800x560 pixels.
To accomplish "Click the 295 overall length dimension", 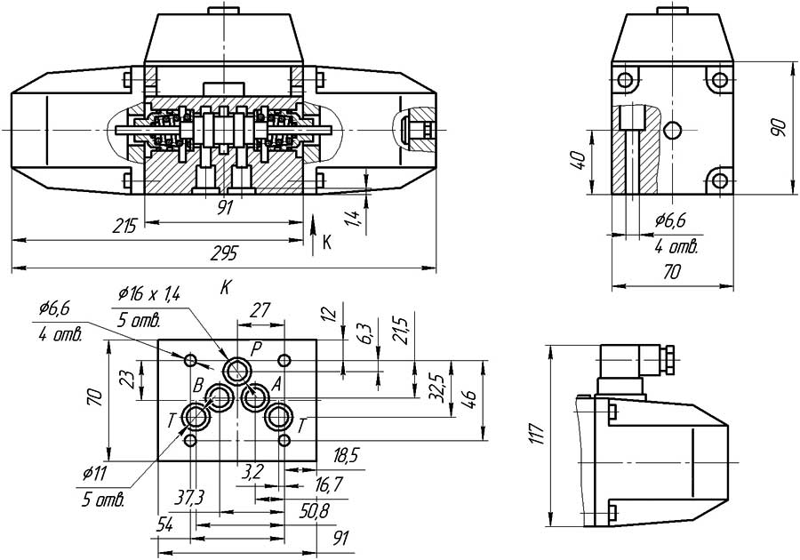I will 225,254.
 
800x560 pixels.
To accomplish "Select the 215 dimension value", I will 124,227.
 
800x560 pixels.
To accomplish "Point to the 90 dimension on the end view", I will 779,126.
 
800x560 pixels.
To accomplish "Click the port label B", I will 198,385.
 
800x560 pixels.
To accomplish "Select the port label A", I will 276,384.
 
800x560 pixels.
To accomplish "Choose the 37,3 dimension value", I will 189,496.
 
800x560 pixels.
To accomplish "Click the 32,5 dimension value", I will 436,389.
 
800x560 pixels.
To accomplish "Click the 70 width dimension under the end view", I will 672,272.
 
